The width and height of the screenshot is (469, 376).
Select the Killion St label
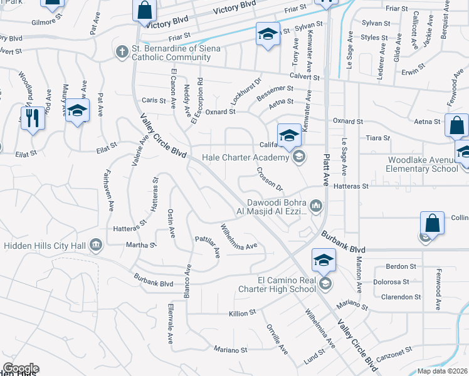click(243, 312)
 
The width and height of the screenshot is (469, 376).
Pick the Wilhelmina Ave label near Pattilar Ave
click(238, 236)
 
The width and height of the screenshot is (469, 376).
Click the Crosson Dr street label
click(270, 179)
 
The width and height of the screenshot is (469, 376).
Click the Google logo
click(21, 368)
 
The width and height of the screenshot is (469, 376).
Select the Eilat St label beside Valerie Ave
click(107, 145)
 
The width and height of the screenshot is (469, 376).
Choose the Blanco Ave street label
click(187, 280)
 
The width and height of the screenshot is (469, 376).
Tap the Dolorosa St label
click(392, 283)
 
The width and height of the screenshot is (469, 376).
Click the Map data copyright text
click(443, 371)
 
